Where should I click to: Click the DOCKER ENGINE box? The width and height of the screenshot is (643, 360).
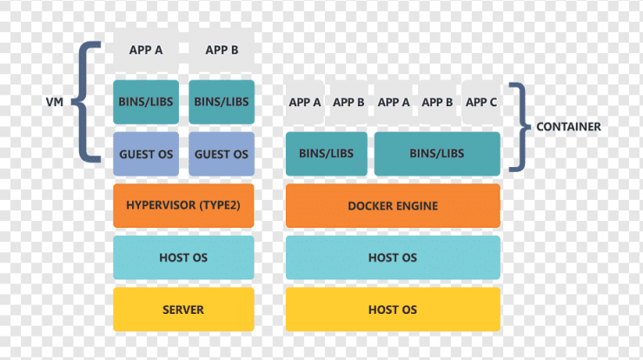(393, 206)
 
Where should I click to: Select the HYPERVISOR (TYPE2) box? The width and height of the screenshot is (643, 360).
(183, 206)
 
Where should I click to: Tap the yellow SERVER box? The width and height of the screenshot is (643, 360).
(183, 310)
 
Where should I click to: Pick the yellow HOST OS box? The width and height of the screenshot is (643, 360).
(393, 310)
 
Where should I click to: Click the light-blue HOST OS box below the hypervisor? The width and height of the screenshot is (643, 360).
(183, 257)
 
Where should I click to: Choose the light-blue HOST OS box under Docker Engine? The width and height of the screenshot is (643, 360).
(393, 257)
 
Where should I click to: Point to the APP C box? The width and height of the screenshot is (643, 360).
(481, 103)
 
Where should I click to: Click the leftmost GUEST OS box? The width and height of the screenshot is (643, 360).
(146, 154)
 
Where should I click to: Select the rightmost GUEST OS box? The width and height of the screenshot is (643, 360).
(222, 154)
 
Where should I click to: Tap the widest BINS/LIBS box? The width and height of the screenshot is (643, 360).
(437, 154)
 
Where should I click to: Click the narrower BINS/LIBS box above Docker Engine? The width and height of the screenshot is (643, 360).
(327, 154)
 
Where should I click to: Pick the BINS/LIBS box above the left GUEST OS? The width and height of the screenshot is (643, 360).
(146, 103)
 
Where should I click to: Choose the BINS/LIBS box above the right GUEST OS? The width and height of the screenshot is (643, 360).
(222, 103)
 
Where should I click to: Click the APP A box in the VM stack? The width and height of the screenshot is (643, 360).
(146, 50)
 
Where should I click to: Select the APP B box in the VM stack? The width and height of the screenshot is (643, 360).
(222, 50)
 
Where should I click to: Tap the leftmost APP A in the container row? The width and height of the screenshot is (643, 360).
(305, 103)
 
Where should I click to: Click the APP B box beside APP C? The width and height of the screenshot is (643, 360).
(437, 103)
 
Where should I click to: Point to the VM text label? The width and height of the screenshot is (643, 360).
(55, 102)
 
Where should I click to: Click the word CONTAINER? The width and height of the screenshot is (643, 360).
(569, 127)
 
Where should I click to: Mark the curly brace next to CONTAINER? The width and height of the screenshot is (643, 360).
(520, 127)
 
